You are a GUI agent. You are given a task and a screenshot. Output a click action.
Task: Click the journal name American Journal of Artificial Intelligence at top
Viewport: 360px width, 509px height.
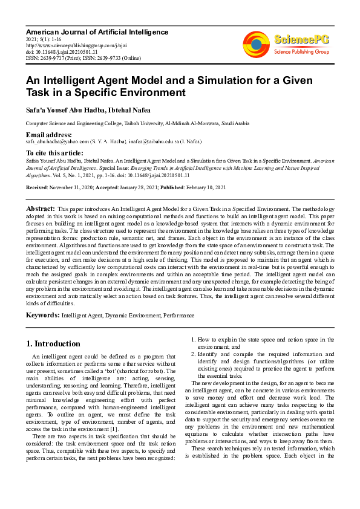click(97, 32)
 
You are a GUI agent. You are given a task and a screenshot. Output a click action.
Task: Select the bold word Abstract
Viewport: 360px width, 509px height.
click(40, 209)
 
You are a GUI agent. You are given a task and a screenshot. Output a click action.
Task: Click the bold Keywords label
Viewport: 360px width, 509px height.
click(42, 315)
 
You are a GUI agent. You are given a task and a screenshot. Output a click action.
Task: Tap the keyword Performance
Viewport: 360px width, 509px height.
click(180, 316)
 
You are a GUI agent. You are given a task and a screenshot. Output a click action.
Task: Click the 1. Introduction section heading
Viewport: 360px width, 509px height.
click(53, 344)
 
